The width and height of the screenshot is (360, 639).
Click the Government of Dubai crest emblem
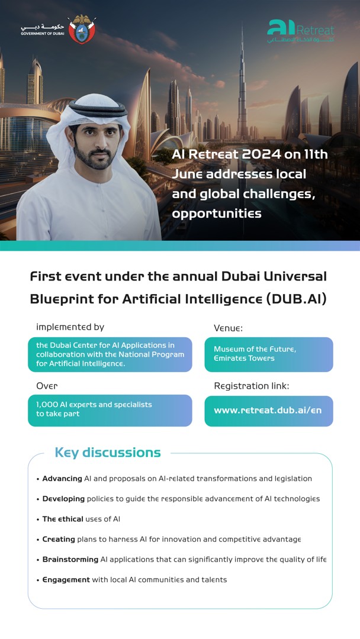click(82, 29)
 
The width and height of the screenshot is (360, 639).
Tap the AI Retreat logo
click(300, 31)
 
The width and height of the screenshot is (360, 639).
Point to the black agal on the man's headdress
click(98, 108)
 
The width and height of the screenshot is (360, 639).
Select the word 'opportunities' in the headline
click(217, 214)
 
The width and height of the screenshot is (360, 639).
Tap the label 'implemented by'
click(70, 327)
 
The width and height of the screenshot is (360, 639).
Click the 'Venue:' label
click(229, 328)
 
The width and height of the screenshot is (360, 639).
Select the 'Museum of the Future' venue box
click(269, 354)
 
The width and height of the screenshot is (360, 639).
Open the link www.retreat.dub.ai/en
click(268, 410)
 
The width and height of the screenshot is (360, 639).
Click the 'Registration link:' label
click(252, 386)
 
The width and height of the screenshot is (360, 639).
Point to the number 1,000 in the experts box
click(47, 404)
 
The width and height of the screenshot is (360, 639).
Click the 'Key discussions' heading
click(108, 453)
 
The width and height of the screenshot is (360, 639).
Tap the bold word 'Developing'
click(63, 499)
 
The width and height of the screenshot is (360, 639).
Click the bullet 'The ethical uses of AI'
click(81, 519)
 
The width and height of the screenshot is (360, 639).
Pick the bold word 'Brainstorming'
click(70, 560)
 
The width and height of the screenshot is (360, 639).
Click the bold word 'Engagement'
click(66, 579)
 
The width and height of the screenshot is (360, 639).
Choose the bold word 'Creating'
click(59, 539)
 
